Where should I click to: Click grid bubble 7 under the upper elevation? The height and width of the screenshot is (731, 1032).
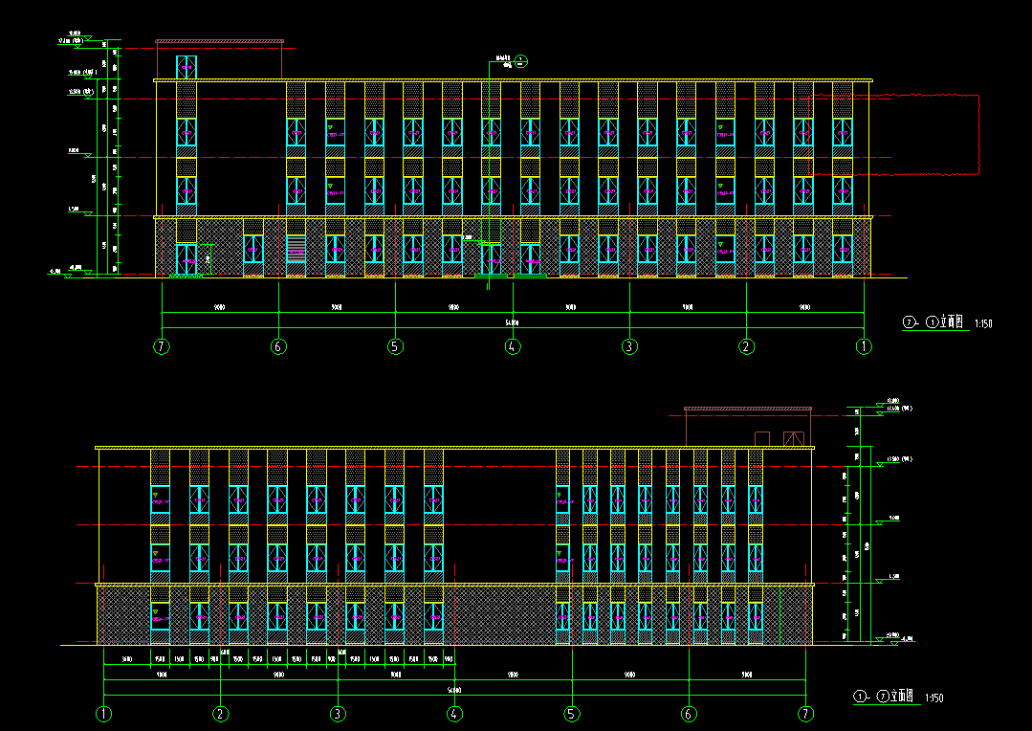point(162,346)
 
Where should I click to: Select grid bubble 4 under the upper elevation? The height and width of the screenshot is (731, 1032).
point(513,346)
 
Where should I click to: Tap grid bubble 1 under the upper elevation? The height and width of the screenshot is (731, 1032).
point(864,346)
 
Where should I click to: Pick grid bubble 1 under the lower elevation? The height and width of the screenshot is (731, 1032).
point(103,714)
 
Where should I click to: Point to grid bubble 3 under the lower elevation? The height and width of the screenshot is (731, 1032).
point(338,714)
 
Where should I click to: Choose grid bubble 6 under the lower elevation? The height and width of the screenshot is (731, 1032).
point(689,714)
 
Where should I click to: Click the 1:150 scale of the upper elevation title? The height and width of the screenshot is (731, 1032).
point(983,324)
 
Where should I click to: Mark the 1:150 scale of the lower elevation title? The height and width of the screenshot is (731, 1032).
point(933,699)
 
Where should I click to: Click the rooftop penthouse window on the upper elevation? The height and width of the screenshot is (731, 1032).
point(186,67)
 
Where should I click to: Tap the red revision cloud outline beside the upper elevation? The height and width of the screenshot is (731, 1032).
point(979,134)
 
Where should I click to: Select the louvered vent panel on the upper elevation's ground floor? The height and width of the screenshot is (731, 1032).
point(296,249)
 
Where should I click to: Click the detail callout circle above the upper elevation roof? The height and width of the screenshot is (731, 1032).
point(520,61)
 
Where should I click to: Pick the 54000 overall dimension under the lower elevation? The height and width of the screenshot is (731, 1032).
point(454,690)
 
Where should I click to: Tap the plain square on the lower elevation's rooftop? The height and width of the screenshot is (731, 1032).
point(762,438)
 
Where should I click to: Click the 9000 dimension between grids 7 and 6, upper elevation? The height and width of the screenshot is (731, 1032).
point(219,308)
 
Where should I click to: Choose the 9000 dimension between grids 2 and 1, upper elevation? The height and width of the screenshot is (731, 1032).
point(804,308)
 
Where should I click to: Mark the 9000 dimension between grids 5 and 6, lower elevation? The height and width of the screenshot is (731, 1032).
point(629,676)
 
